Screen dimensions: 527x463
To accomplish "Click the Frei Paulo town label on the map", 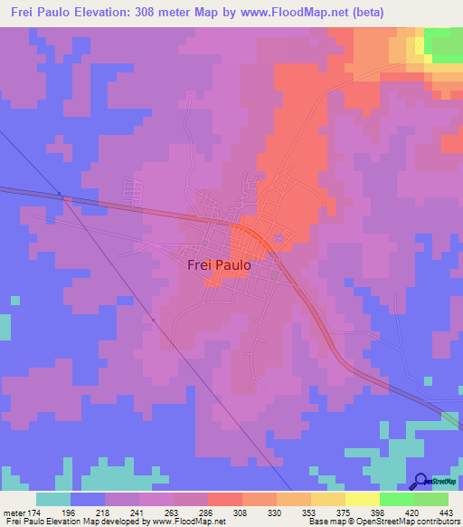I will click(218, 266).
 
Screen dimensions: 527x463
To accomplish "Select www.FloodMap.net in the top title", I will click(288, 13).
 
